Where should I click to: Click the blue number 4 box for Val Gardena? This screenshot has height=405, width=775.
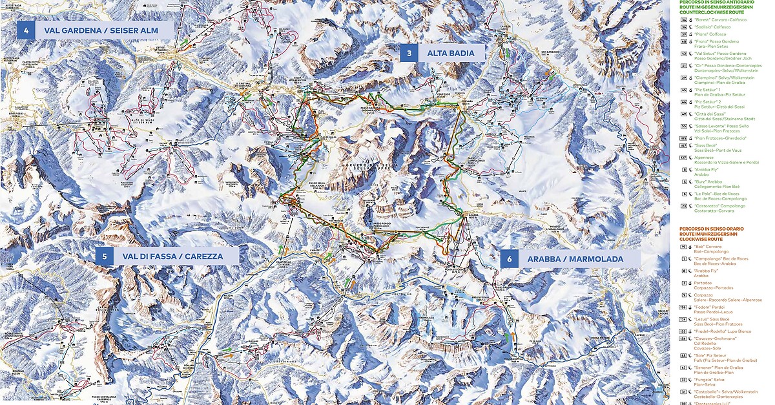[x=26, y=30]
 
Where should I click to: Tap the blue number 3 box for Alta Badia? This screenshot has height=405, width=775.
[x=409, y=53]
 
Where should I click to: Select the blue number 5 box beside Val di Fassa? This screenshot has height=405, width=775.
[x=104, y=256]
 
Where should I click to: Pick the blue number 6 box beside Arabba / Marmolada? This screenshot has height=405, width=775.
[x=510, y=259]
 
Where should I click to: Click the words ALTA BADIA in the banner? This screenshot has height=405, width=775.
[x=451, y=53]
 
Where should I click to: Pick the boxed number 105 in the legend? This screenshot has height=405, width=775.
[x=684, y=138]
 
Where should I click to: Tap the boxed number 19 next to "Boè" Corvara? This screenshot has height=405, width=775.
[x=684, y=247]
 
